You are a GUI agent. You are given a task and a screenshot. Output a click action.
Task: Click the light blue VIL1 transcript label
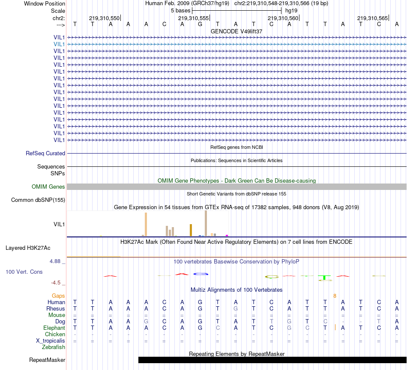59,44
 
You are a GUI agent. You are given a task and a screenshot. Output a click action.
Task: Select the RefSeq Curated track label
45,153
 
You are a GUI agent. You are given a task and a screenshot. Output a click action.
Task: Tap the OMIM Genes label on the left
48,186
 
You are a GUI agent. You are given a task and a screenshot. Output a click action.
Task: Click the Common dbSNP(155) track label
38,200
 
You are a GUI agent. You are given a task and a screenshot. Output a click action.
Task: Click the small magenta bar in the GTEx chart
227,235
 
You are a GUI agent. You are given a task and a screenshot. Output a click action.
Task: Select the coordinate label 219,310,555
193,18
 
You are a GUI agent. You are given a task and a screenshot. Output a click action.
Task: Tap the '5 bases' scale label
180,10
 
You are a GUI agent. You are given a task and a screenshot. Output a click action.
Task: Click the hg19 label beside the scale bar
291,10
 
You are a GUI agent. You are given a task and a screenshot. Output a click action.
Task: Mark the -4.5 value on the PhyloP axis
57,283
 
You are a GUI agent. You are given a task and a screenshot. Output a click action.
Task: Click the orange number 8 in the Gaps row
335,296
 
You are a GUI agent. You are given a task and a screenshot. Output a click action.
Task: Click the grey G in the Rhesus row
235,308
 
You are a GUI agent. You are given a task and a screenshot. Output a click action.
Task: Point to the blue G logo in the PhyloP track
201,274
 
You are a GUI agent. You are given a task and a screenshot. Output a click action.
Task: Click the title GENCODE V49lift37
236,31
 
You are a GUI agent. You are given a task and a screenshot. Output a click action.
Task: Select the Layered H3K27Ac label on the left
28,248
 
